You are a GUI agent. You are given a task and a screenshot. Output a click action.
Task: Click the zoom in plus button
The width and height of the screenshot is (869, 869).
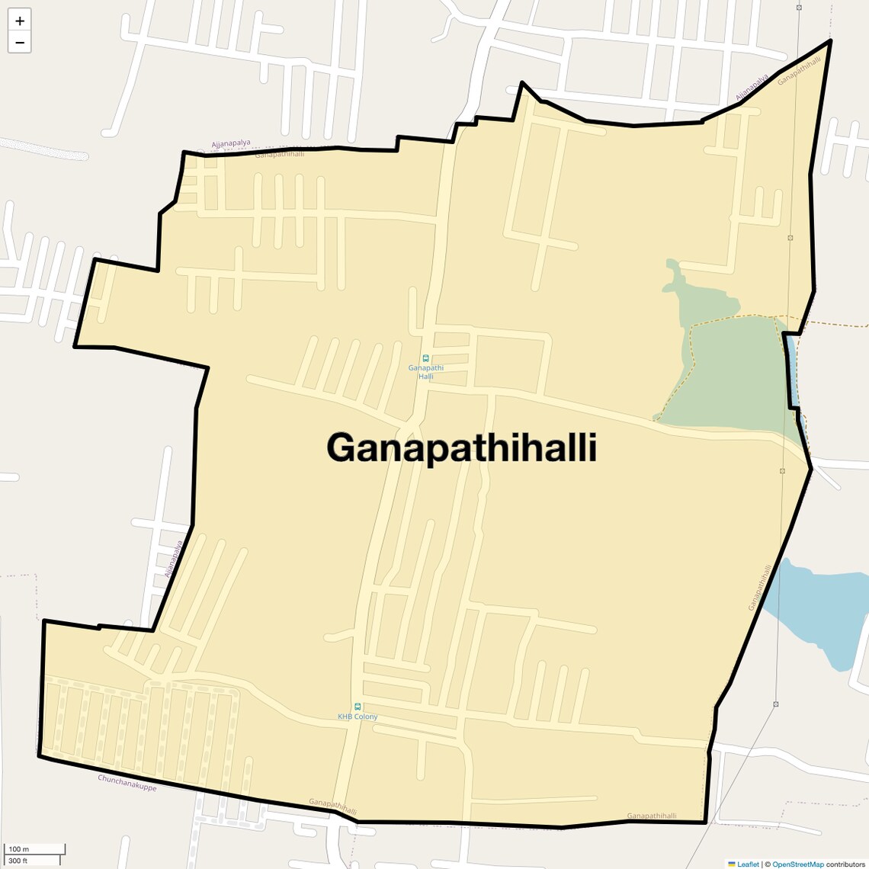pos(20,21)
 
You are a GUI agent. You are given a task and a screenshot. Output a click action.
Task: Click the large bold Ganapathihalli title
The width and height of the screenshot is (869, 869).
pos(461,447)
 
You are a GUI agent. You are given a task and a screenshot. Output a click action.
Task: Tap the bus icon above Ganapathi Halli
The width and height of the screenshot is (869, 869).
pos(425,358)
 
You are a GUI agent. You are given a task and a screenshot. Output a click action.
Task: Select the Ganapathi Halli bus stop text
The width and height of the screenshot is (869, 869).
pos(425,372)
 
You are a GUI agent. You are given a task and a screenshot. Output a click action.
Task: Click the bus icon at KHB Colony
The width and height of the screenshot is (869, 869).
pos(358,707)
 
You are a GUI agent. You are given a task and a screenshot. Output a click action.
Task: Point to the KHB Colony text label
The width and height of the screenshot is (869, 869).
pos(358,717)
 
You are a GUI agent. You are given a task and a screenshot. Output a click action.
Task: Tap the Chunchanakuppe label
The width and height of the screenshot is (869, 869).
pos(127,783)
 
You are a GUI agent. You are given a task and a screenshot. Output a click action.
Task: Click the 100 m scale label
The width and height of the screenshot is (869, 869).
pos(19,849)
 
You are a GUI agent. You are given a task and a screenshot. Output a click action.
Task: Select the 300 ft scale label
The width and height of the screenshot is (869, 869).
pos(19,861)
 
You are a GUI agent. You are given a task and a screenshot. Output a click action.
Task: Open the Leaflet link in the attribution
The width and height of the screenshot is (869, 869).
pos(748,864)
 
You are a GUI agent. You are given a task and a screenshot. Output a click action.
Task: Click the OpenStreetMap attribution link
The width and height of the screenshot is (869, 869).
pos(797,864)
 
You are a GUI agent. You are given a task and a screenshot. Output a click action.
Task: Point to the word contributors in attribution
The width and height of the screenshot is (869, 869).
pos(845,864)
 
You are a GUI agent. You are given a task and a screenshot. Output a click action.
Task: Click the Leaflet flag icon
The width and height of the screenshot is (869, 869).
pos(732,864)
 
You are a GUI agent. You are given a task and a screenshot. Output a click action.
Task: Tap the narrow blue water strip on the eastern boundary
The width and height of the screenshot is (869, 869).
pos(794,374)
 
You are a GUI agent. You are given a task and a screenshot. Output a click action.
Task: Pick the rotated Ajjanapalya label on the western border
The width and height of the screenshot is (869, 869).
pos(175,560)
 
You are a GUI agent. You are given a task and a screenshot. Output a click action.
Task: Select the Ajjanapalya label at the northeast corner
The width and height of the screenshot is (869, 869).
pos(752,88)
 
